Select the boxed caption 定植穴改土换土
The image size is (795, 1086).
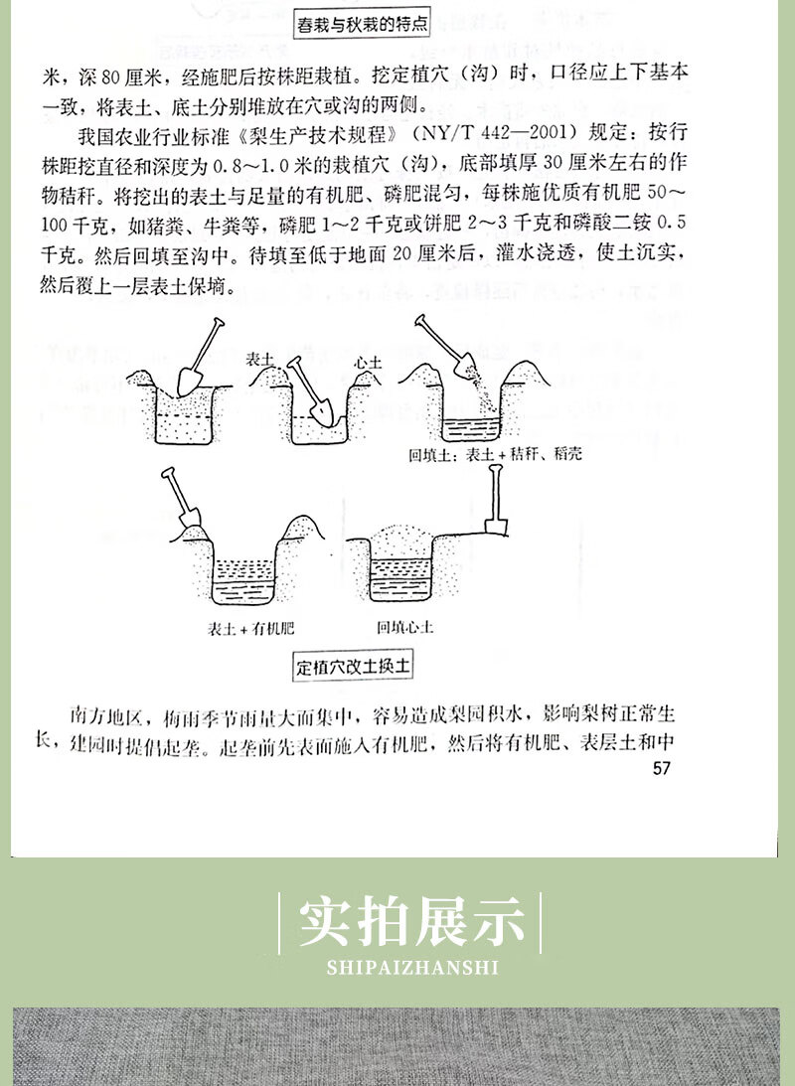(353, 666)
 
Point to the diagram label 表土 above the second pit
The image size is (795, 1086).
(259, 361)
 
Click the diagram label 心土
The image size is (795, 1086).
(370, 363)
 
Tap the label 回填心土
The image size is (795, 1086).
(404, 627)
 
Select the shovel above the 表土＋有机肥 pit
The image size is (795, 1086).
(181, 503)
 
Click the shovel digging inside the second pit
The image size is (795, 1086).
(310, 388)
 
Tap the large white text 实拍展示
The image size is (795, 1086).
(411, 921)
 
